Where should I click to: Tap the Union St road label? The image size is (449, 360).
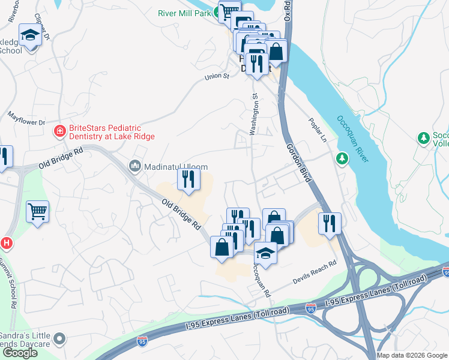(x=217, y=76)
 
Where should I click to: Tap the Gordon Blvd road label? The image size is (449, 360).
(x=298, y=160)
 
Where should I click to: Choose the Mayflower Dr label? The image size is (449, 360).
(x=26, y=118)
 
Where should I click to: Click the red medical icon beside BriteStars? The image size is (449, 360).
(x=59, y=131)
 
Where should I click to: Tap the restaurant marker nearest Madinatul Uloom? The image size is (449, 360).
(x=188, y=179)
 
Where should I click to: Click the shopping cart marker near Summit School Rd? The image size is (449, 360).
(x=37, y=212)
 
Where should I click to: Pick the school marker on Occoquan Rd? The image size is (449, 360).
(x=265, y=254)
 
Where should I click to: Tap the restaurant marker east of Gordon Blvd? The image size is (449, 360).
(x=330, y=224)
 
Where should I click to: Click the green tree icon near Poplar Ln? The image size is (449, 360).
(x=342, y=158)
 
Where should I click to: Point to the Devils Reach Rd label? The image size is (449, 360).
(x=315, y=271)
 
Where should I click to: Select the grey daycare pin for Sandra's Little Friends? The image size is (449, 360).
(x=59, y=340)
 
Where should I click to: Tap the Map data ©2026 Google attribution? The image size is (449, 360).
(x=411, y=355)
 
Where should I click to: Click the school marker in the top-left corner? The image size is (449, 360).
(x=29, y=36)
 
